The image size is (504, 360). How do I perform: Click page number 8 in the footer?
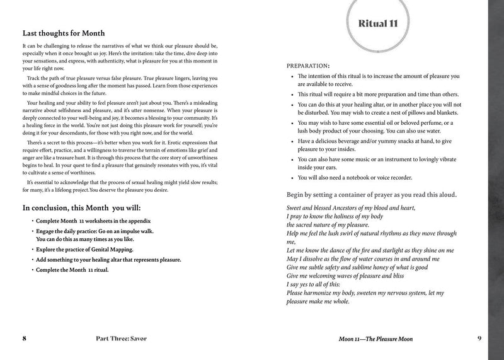pos(24,339)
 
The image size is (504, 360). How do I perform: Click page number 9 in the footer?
pos(479,339)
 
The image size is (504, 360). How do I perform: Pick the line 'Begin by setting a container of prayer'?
pos(372,195)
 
